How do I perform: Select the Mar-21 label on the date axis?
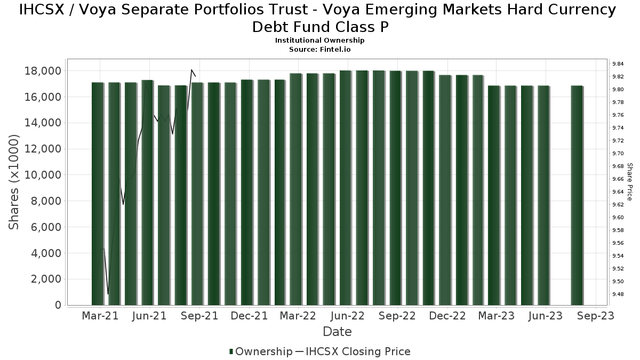click(100, 316)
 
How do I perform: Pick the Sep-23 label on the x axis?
click(595, 316)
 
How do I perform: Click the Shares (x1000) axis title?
click(14, 182)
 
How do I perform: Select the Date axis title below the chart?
click(337, 332)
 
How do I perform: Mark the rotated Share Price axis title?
click(629, 182)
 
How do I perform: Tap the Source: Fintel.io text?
click(320, 49)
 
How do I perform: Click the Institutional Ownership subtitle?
click(320, 41)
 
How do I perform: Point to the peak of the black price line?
click(191, 70)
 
